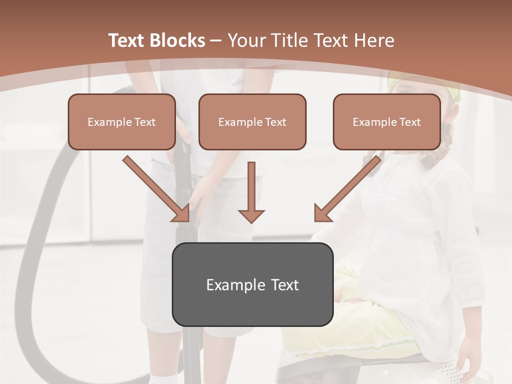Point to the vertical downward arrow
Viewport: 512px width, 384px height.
click(251, 187)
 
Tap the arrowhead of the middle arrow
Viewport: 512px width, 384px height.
click(251, 215)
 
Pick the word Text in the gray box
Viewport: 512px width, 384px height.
click(285, 285)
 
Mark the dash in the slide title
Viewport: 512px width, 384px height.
click(216, 41)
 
